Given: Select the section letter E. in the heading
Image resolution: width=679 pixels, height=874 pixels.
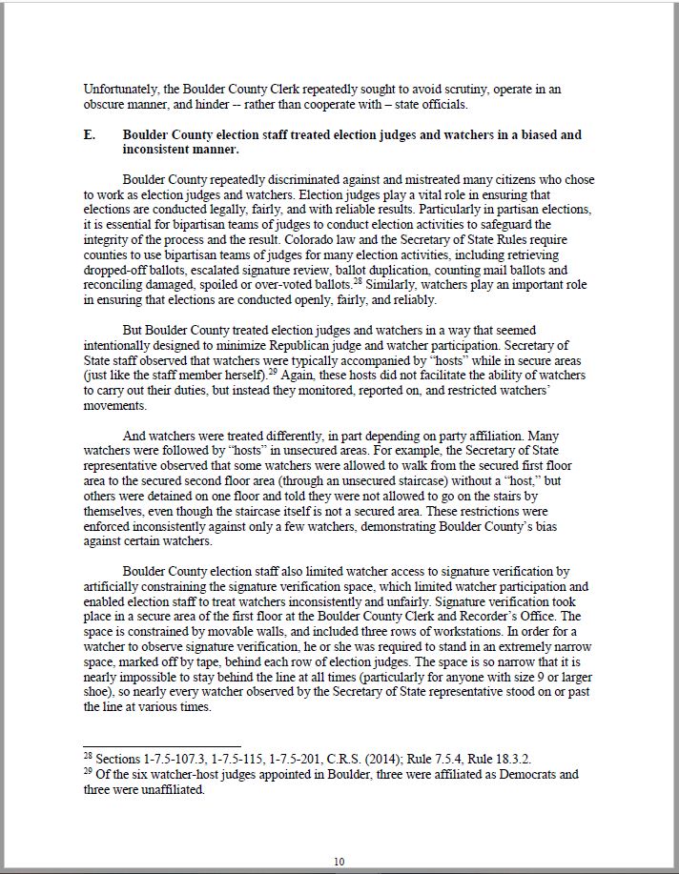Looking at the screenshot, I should [x=90, y=135].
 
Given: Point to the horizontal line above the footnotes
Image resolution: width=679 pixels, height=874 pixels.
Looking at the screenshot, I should [x=162, y=746].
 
